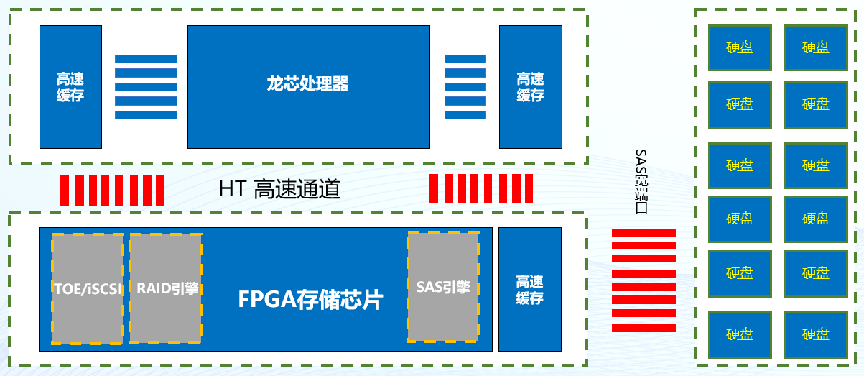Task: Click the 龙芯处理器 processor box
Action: point(309,86)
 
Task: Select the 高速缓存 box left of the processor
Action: point(70,86)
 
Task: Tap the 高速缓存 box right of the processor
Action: point(530,86)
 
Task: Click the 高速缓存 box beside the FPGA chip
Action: point(529,289)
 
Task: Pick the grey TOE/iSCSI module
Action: point(88,288)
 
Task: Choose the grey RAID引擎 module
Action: point(165,288)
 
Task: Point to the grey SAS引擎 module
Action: point(443,286)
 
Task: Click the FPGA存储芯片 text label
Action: point(310,299)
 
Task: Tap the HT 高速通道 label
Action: point(279,189)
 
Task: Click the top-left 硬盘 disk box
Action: point(740,47)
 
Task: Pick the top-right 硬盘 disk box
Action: point(815,47)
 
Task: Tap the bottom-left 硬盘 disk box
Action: point(740,334)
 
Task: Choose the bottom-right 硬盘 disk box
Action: point(815,334)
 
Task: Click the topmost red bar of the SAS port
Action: point(644,232)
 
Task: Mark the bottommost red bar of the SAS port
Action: point(644,327)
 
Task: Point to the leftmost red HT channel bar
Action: point(64,190)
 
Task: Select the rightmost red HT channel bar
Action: point(529,189)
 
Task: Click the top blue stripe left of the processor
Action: point(146,58)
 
